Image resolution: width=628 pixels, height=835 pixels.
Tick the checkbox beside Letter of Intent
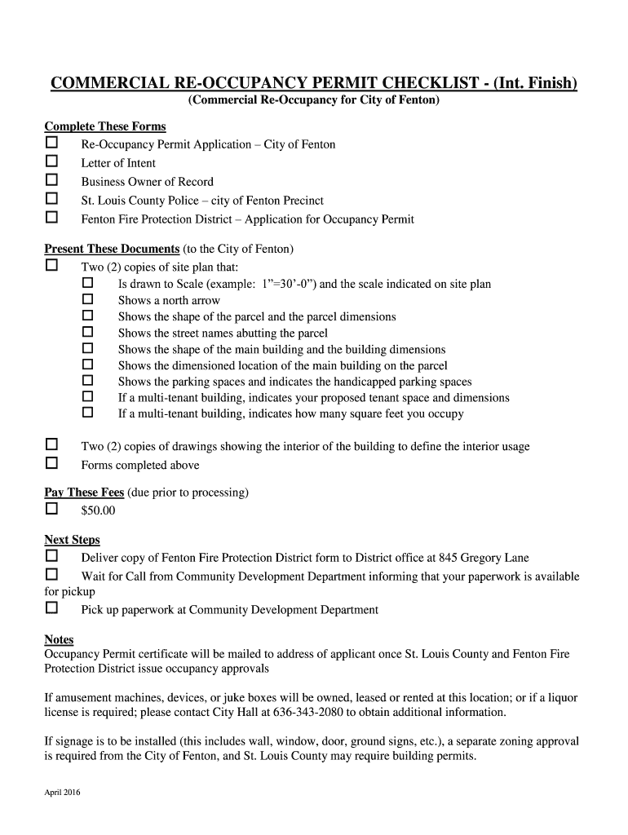point(51,161)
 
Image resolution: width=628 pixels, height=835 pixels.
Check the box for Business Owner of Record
point(51,180)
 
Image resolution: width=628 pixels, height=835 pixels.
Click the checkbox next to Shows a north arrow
point(88,299)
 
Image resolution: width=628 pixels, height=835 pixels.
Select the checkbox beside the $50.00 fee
point(51,509)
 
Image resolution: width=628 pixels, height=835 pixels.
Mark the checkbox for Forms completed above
point(51,463)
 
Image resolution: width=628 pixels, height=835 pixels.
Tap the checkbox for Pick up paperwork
point(51,608)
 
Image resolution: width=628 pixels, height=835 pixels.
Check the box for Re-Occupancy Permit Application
point(51,143)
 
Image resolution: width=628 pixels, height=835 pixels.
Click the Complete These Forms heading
point(104,126)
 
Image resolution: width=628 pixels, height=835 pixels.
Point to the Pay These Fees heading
point(84,493)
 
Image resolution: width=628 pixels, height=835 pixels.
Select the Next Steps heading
point(72,540)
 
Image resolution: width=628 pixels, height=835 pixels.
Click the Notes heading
point(59,639)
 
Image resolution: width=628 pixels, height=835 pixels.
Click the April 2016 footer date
point(62,793)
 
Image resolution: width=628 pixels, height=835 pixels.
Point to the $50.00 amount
point(98,511)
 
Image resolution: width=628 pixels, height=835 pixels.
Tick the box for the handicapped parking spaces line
point(88,380)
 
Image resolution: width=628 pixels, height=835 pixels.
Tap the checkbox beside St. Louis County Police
point(51,199)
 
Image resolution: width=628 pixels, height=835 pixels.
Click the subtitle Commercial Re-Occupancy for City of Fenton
point(313,100)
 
